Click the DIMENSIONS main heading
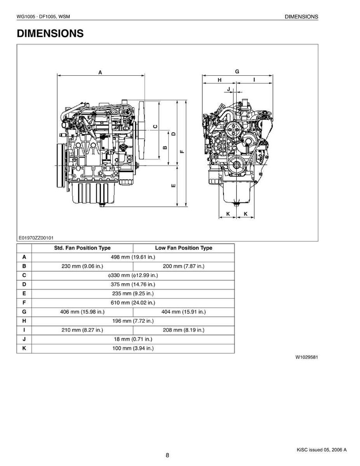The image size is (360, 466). tap(50, 33)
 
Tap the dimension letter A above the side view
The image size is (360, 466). tap(100, 72)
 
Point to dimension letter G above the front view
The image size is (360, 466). tap(237, 71)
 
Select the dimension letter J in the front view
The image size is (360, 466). tap(229, 89)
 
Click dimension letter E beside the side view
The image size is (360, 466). tap(174, 186)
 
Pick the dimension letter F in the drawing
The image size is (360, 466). tap(183, 151)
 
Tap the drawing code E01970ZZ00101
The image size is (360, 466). tap(36, 238)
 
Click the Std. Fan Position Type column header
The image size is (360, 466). tap(82, 248)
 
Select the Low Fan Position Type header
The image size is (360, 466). tap(184, 248)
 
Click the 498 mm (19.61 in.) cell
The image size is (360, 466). tap(133, 257)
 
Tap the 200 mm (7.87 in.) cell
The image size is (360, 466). tap(184, 266)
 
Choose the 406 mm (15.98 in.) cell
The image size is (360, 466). tap(82, 312)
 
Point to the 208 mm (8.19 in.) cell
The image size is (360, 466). tap(184, 330)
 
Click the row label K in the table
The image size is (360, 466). tap(24, 348)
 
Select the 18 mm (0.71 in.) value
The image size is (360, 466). tap(133, 339)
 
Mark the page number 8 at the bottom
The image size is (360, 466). tap(167, 455)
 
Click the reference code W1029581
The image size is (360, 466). tap(306, 357)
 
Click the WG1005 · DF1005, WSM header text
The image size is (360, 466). tap(44, 17)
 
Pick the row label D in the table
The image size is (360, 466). tap(24, 285)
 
